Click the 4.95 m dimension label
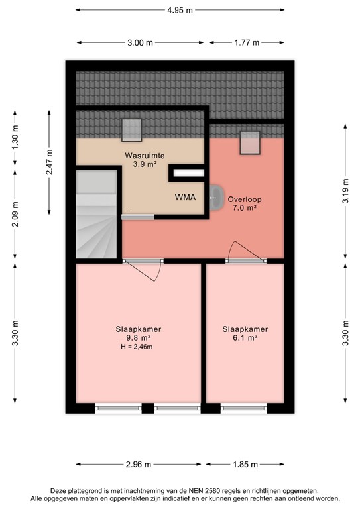180,10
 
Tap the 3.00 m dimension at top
140,43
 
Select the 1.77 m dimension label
246,43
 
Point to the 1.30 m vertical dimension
15,136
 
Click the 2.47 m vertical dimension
48,162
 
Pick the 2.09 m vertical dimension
15,213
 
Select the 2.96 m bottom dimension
139,464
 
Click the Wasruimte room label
145,156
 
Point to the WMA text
185,198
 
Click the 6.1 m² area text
239,337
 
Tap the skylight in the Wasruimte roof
132,131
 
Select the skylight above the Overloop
249,142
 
